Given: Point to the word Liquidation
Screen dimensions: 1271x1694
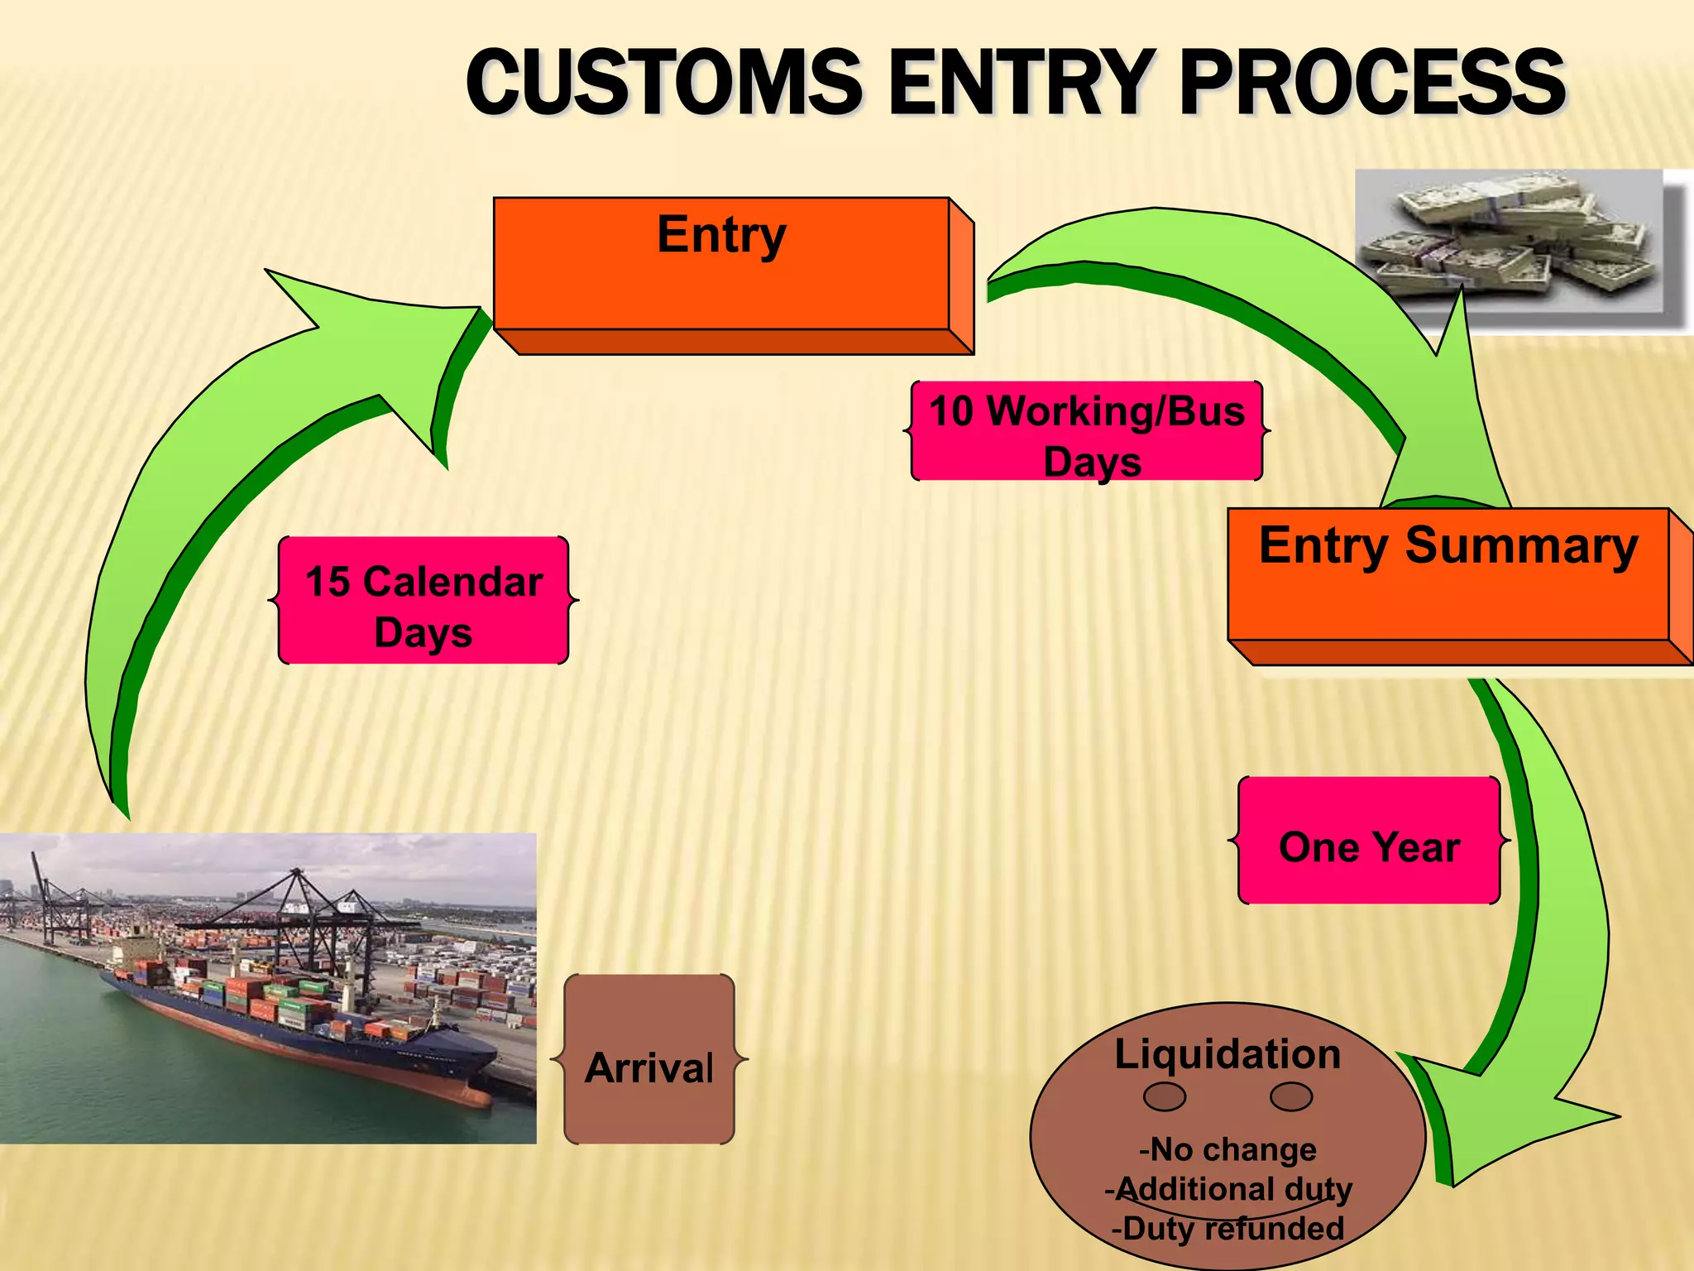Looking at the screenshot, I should click(1227, 1053).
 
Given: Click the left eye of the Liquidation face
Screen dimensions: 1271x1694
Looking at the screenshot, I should click(1165, 1096).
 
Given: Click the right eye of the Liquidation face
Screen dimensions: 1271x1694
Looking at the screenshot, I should click(1291, 1096).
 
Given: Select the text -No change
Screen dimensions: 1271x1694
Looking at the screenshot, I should click(1227, 1149).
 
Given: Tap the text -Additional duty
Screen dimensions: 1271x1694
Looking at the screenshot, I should click(1227, 1188).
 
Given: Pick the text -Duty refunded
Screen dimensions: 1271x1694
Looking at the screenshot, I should click(1227, 1228).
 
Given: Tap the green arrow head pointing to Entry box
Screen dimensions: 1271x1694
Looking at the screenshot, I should click(397, 348).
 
